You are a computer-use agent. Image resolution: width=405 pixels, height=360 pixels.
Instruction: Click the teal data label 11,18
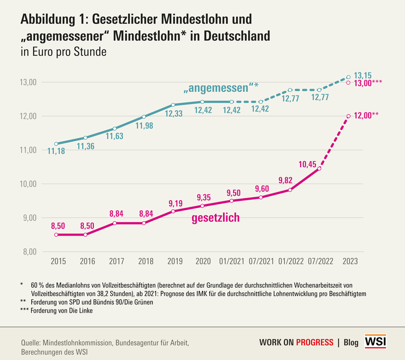click(x=56, y=152)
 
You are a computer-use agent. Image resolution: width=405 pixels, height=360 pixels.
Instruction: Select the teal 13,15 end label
click(x=362, y=75)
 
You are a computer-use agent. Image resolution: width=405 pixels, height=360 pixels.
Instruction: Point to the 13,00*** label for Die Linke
click(x=367, y=83)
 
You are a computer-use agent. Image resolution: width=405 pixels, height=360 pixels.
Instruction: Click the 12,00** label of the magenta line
click(x=365, y=116)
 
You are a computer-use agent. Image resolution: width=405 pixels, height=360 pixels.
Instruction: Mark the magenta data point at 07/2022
click(x=319, y=169)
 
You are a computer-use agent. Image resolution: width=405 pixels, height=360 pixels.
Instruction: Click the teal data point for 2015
click(x=56, y=143)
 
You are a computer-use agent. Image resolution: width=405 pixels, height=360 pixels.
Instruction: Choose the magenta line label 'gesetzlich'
click(x=215, y=217)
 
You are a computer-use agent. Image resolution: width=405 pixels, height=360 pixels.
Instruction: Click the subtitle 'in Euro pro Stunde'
click(x=64, y=52)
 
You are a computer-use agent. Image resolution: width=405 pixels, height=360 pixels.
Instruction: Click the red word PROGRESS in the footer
click(x=315, y=343)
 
